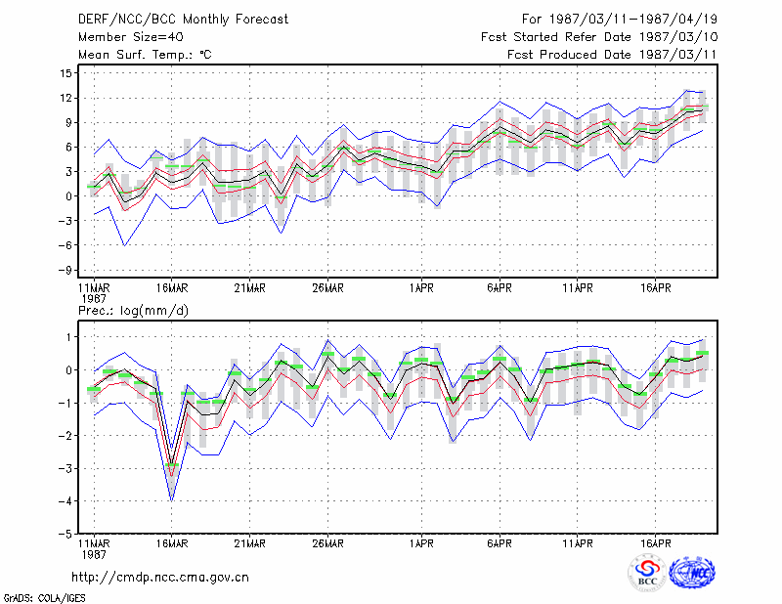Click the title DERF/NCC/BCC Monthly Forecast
click(x=183, y=20)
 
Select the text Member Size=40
click(x=131, y=37)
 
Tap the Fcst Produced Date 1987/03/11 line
click(x=612, y=55)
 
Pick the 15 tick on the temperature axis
click(x=65, y=73)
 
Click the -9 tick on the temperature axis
click(x=65, y=270)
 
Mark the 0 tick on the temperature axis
click(x=68, y=196)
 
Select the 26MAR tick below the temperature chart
click(x=327, y=288)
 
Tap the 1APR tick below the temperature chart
click(x=421, y=288)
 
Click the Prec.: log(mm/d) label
click(x=133, y=311)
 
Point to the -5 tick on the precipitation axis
click(x=65, y=534)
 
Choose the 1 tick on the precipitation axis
click(x=69, y=337)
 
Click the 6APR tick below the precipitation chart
click(x=500, y=543)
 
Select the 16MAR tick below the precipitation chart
click(x=172, y=543)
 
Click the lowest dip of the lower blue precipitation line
click(x=172, y=500)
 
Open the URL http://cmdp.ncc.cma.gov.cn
click(x=160, y=578)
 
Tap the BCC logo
click(x=647, y=573)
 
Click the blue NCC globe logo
click(x=692, y=573)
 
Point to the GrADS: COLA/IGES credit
click(x=44, y=598)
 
